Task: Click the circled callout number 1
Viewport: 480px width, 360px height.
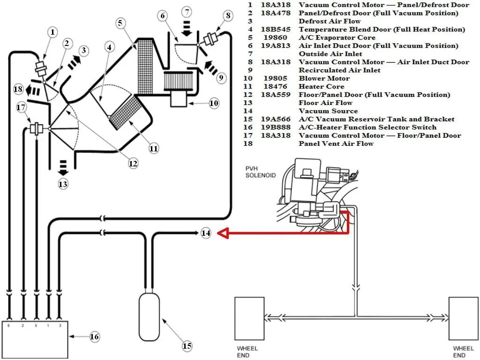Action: coord(52,32)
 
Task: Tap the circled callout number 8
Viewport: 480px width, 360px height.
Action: coord(228,15)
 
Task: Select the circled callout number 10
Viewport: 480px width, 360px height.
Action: coord(214,104)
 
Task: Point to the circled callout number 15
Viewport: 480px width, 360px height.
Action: coord(187,346)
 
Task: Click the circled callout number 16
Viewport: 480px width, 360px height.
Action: coord(94,337)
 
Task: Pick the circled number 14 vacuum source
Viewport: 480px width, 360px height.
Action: coord(206,232)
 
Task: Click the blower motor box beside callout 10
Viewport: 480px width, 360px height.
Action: coord(178,99)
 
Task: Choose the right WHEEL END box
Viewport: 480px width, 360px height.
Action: coord(464,318)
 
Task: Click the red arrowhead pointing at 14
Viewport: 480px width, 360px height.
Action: coord(224,233)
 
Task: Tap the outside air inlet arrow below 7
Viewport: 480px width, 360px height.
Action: coord(186,28)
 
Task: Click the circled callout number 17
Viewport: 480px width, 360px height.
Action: coord(21,107)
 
